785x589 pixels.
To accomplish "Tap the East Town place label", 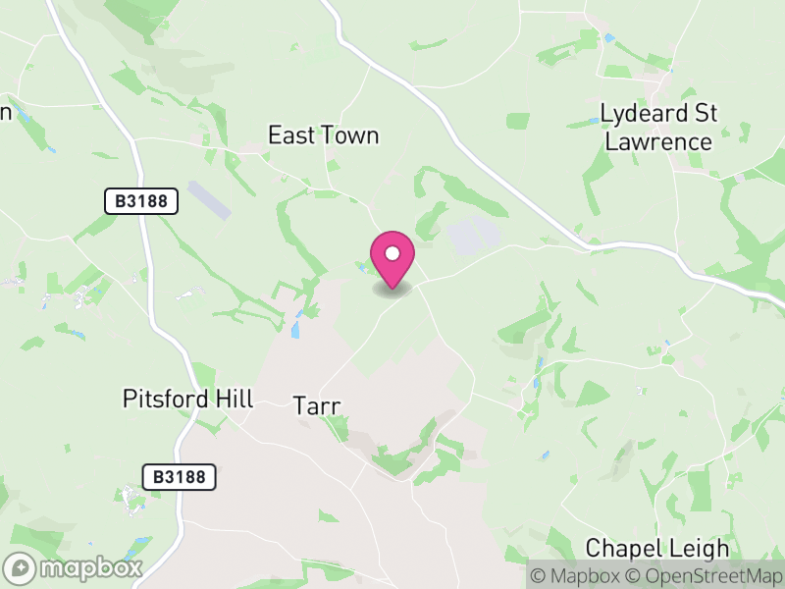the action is (323, 135).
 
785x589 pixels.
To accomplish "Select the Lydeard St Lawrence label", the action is (658, 127).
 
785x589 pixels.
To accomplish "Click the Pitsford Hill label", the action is (188, 399).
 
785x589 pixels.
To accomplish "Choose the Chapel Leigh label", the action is (657, 548).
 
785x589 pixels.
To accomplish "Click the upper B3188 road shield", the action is (142, 201).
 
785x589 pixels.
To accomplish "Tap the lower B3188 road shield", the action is (179, 477).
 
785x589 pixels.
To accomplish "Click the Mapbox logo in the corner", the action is (75, 567).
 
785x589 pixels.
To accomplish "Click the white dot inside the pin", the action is (392, 253).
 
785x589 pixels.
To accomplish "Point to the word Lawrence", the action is (658, 141).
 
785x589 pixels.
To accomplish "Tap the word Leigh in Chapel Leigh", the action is (702, 548).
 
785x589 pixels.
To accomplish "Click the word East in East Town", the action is (291, 135).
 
